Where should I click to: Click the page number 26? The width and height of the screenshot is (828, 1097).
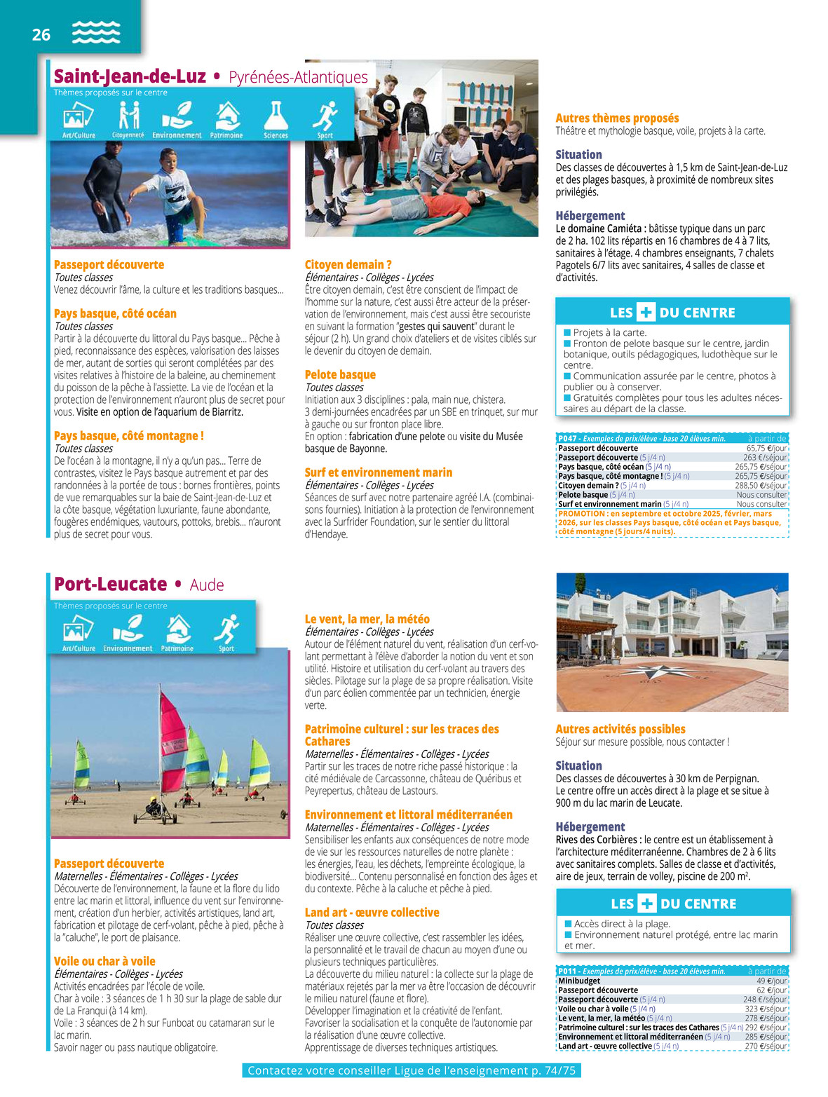pyautogui.click(x=41, y=34)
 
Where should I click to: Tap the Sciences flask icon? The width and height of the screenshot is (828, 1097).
pyautogui.click(x=276, y=116)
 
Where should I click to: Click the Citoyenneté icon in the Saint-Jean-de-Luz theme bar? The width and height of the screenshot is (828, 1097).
pyautogui.click(x=128, y=116)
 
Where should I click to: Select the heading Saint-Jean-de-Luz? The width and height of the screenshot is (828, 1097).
pyautogui.click(x=130, y=76)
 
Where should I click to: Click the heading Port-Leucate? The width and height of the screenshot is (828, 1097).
pyautogui.click(x=110, y=585)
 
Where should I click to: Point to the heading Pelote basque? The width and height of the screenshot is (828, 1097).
pyautogui.click(x=340, y=375)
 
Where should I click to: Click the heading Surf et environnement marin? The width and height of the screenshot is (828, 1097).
pyautogui.click(x=378, y=472)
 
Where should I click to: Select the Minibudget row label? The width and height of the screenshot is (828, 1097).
pyautogui.click(x=579, y=981)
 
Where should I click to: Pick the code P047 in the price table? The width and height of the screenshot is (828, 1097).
pyautogui.click(x=568, y=439)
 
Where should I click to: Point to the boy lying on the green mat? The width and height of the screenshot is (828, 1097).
pyautogui.click(x=421, y=206)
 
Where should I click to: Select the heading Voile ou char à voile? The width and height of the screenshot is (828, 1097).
pyautogui.click(x=104, y=962)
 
